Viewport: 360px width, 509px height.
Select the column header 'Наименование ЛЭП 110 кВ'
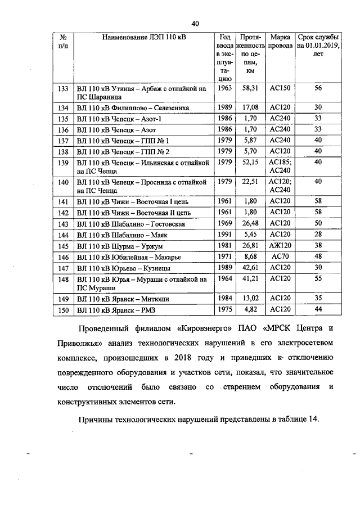[144, 37]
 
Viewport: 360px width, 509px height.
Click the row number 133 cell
[63, 88]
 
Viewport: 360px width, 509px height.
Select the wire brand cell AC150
[280, 88]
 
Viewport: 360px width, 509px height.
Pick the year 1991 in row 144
[224, 234]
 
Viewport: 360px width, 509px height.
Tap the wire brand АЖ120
[280, 246]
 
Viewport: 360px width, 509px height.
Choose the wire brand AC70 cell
[280, 256]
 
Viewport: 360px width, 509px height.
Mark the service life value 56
[318, 88]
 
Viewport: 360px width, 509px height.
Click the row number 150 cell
[63, 310]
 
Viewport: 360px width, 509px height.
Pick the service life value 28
[318, 234]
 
